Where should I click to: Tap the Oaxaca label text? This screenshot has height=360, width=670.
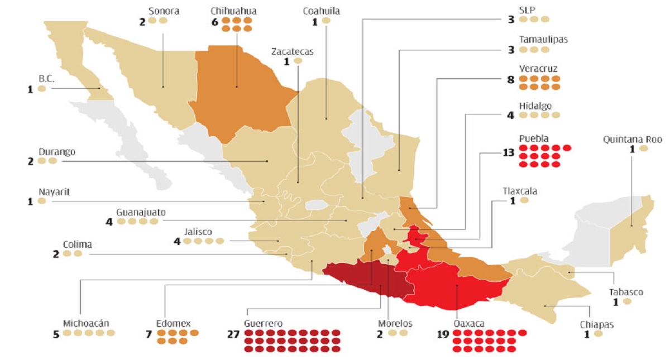point(468,324)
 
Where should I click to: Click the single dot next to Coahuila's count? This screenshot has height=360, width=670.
point(326,21)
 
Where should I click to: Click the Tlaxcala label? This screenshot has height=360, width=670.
point(520,190)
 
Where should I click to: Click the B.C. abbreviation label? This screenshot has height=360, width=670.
point(46,79)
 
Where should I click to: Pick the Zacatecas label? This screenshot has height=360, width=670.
point(293,51)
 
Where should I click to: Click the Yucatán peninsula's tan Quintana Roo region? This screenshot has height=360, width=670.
point(634,229)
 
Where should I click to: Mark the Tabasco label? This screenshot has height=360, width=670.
point(626,292)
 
